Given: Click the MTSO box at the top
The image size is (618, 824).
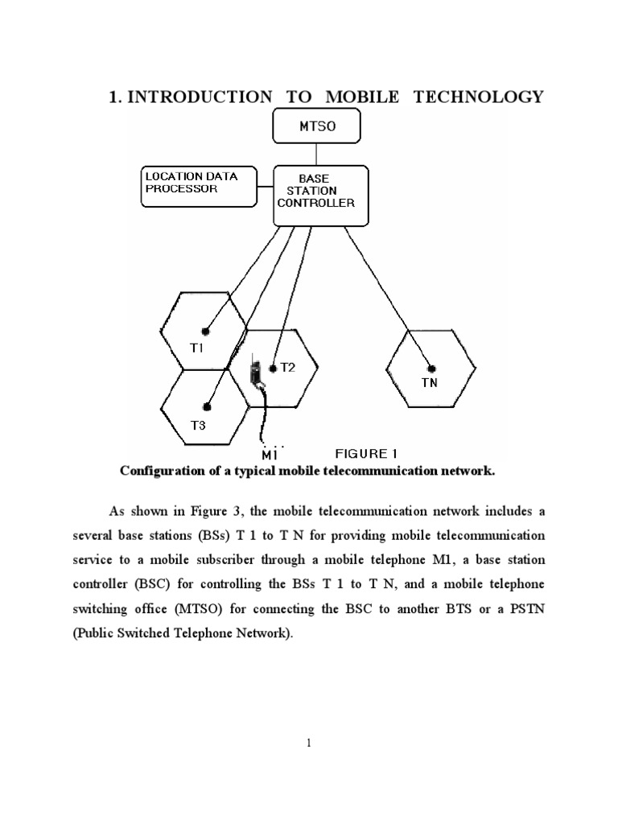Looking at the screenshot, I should pyautogui.click(x=316, y=128).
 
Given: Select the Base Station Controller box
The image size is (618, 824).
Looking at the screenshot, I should pyautogui.click(x=320, y=192).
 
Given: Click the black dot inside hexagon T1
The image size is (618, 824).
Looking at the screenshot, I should pyautogui.click(x=206, y=331).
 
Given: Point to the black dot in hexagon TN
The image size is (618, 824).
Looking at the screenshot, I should pyautogui.click(x=432, y=367).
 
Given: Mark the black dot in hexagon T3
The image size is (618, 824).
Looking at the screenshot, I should pyautogui.click(x=207, y=407).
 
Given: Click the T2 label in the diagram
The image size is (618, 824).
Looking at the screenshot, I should pyautogui.click(x=287, y=368).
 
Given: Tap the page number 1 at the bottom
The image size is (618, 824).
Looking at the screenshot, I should pyautogui.click(x=309, y=743).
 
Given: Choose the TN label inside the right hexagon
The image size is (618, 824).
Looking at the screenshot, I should pyautogui.click(x=430, y=383).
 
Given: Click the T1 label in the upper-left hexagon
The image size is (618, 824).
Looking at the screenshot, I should pyautogui.click(x=198, y=348).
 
